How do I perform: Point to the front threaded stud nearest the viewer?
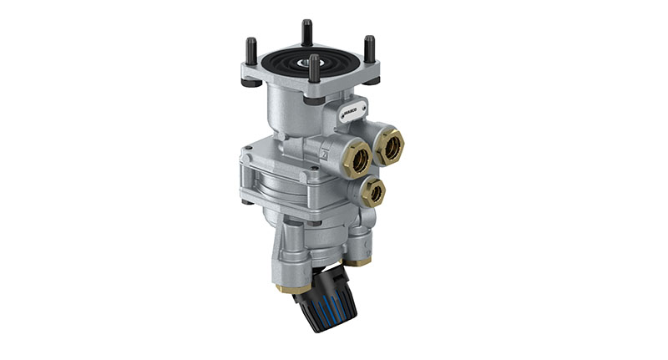pos(314,68)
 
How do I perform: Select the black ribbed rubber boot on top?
pos(309,63)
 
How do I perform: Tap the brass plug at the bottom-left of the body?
pos(283,290)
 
